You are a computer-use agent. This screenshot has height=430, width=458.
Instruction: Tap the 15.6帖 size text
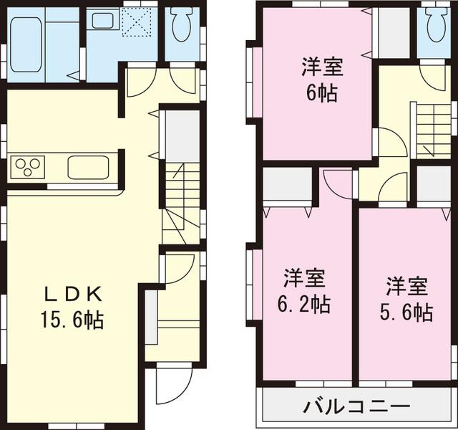click(x=74, y=320)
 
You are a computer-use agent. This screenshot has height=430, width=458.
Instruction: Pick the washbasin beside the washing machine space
click(x=102, y=22)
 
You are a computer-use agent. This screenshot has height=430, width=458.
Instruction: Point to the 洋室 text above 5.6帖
click(x=406, y=286)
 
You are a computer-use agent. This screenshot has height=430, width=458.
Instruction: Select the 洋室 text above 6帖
click(x=321, y=69)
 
